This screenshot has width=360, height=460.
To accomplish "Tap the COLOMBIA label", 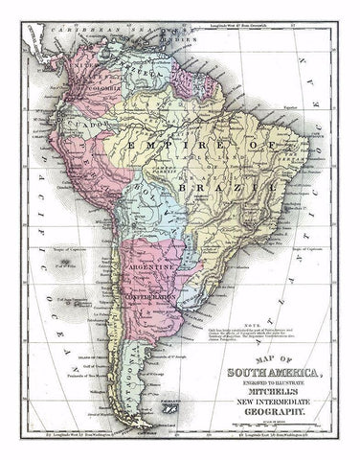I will coord(106,90).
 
